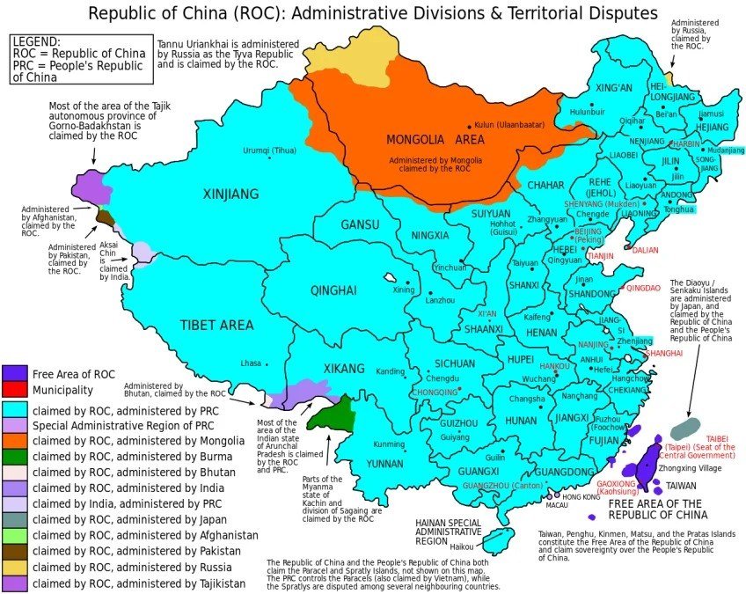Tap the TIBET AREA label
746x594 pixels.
[x=216, y=325]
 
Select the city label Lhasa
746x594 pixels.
[x=252, y=363]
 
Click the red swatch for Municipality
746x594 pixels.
[x=14, y=389]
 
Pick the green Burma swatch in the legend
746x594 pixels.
[x=14, y=456]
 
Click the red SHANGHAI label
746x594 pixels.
[x=664, y=353]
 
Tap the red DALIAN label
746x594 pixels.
[x=646, y=250]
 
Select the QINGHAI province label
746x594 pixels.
[x=333, y=290]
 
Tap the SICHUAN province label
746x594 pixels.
[x=454, y=363]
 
